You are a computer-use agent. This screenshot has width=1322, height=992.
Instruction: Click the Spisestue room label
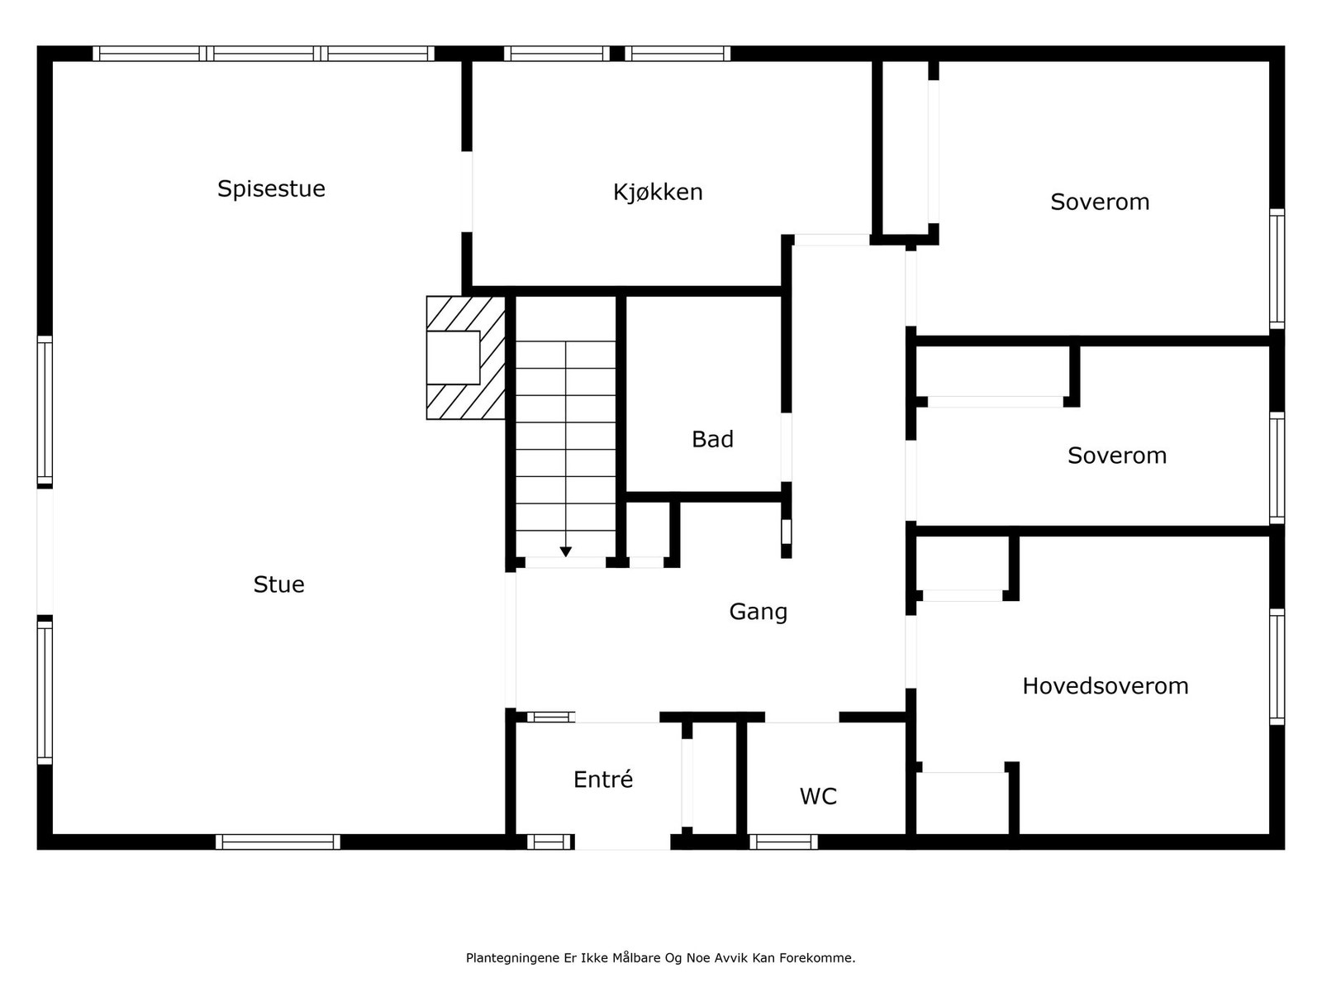pyautogui.click(x=271, y=188)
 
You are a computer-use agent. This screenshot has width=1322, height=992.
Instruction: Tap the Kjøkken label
pyautogui.click(x=658, y=192)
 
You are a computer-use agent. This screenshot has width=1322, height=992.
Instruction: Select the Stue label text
pyautogui.click(x=278, y=584)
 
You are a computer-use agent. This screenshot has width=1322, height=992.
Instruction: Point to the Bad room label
pyautogui.click(x=712, y=439)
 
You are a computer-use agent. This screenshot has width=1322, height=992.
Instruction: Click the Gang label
pyautogui.click(x=758, y=612)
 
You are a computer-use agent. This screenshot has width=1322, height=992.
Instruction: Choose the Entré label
pyautogui.click(x=603, y=780)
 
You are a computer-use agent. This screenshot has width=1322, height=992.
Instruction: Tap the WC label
pyautogui.click(x=818, y=796)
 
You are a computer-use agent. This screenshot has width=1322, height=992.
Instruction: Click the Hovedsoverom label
pyautogui.click(x=1105, y=686)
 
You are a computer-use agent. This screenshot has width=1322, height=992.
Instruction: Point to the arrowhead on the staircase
pyautogui.click(x=566, y=551)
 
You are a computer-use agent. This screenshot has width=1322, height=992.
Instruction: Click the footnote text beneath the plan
pyautogui.click(x=660, y=958)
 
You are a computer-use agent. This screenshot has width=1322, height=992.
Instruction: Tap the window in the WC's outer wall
pyautogui.click(x=783, y=842)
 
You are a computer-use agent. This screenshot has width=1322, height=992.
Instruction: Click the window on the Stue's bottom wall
pyautogui.click(x=278, y=842)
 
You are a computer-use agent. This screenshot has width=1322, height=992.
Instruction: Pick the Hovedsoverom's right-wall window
pyautogui.click(x=1277, y=666)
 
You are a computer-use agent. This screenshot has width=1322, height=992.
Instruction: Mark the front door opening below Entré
pyautogui.click(x=622, y=842)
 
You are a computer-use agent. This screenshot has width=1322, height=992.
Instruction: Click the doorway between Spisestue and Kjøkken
pyautogui.click(x=467, y=192)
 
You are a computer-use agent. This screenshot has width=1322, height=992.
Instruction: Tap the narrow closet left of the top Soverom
pyautogui.click(x=906, y=149)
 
